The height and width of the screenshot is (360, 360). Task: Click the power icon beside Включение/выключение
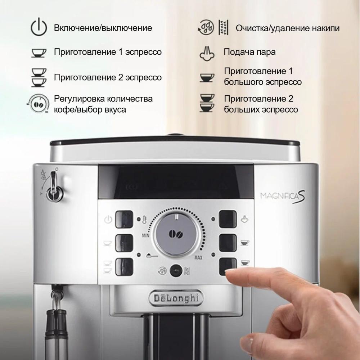tap(39, 27)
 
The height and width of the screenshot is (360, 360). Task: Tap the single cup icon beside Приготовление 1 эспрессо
tap(39, 53)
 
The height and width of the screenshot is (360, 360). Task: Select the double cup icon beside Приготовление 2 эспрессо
tap(39, 78)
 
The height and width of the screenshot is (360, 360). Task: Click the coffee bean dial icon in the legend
tap(38, 104)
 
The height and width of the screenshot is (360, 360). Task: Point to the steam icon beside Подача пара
tap(207, 54)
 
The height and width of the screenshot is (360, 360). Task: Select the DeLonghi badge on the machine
tap(176, 298)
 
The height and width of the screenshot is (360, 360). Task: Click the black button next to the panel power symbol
tap(124, 219)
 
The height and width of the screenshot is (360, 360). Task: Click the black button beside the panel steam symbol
tap(228, 219)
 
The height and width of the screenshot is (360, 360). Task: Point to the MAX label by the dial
tap(198, 258)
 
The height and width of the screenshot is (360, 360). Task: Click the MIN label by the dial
tap(145, 235)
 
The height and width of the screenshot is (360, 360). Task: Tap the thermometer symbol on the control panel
tap(144, 220)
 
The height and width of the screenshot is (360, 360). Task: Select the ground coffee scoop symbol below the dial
tap(152, 256)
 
